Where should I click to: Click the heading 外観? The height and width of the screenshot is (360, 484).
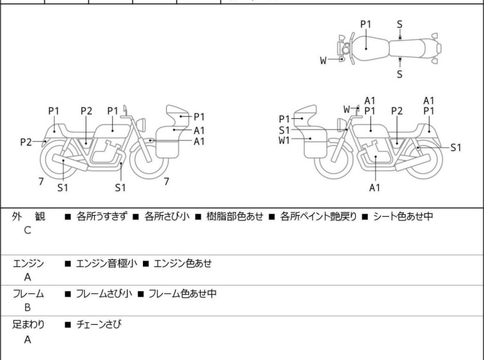point(29,217)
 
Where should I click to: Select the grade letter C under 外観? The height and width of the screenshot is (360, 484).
point(28,230)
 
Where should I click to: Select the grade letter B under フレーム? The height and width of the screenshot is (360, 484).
point(28,307)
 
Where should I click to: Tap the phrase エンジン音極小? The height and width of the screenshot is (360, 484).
point(103,263)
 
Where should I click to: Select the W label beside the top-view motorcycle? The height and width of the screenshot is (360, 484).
point(324,61)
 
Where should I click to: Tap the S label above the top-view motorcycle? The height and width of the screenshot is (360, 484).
point(399,24)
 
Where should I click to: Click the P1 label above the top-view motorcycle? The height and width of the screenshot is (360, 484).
point(365,24)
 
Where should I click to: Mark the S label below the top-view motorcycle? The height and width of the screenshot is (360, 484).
point(399,74)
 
